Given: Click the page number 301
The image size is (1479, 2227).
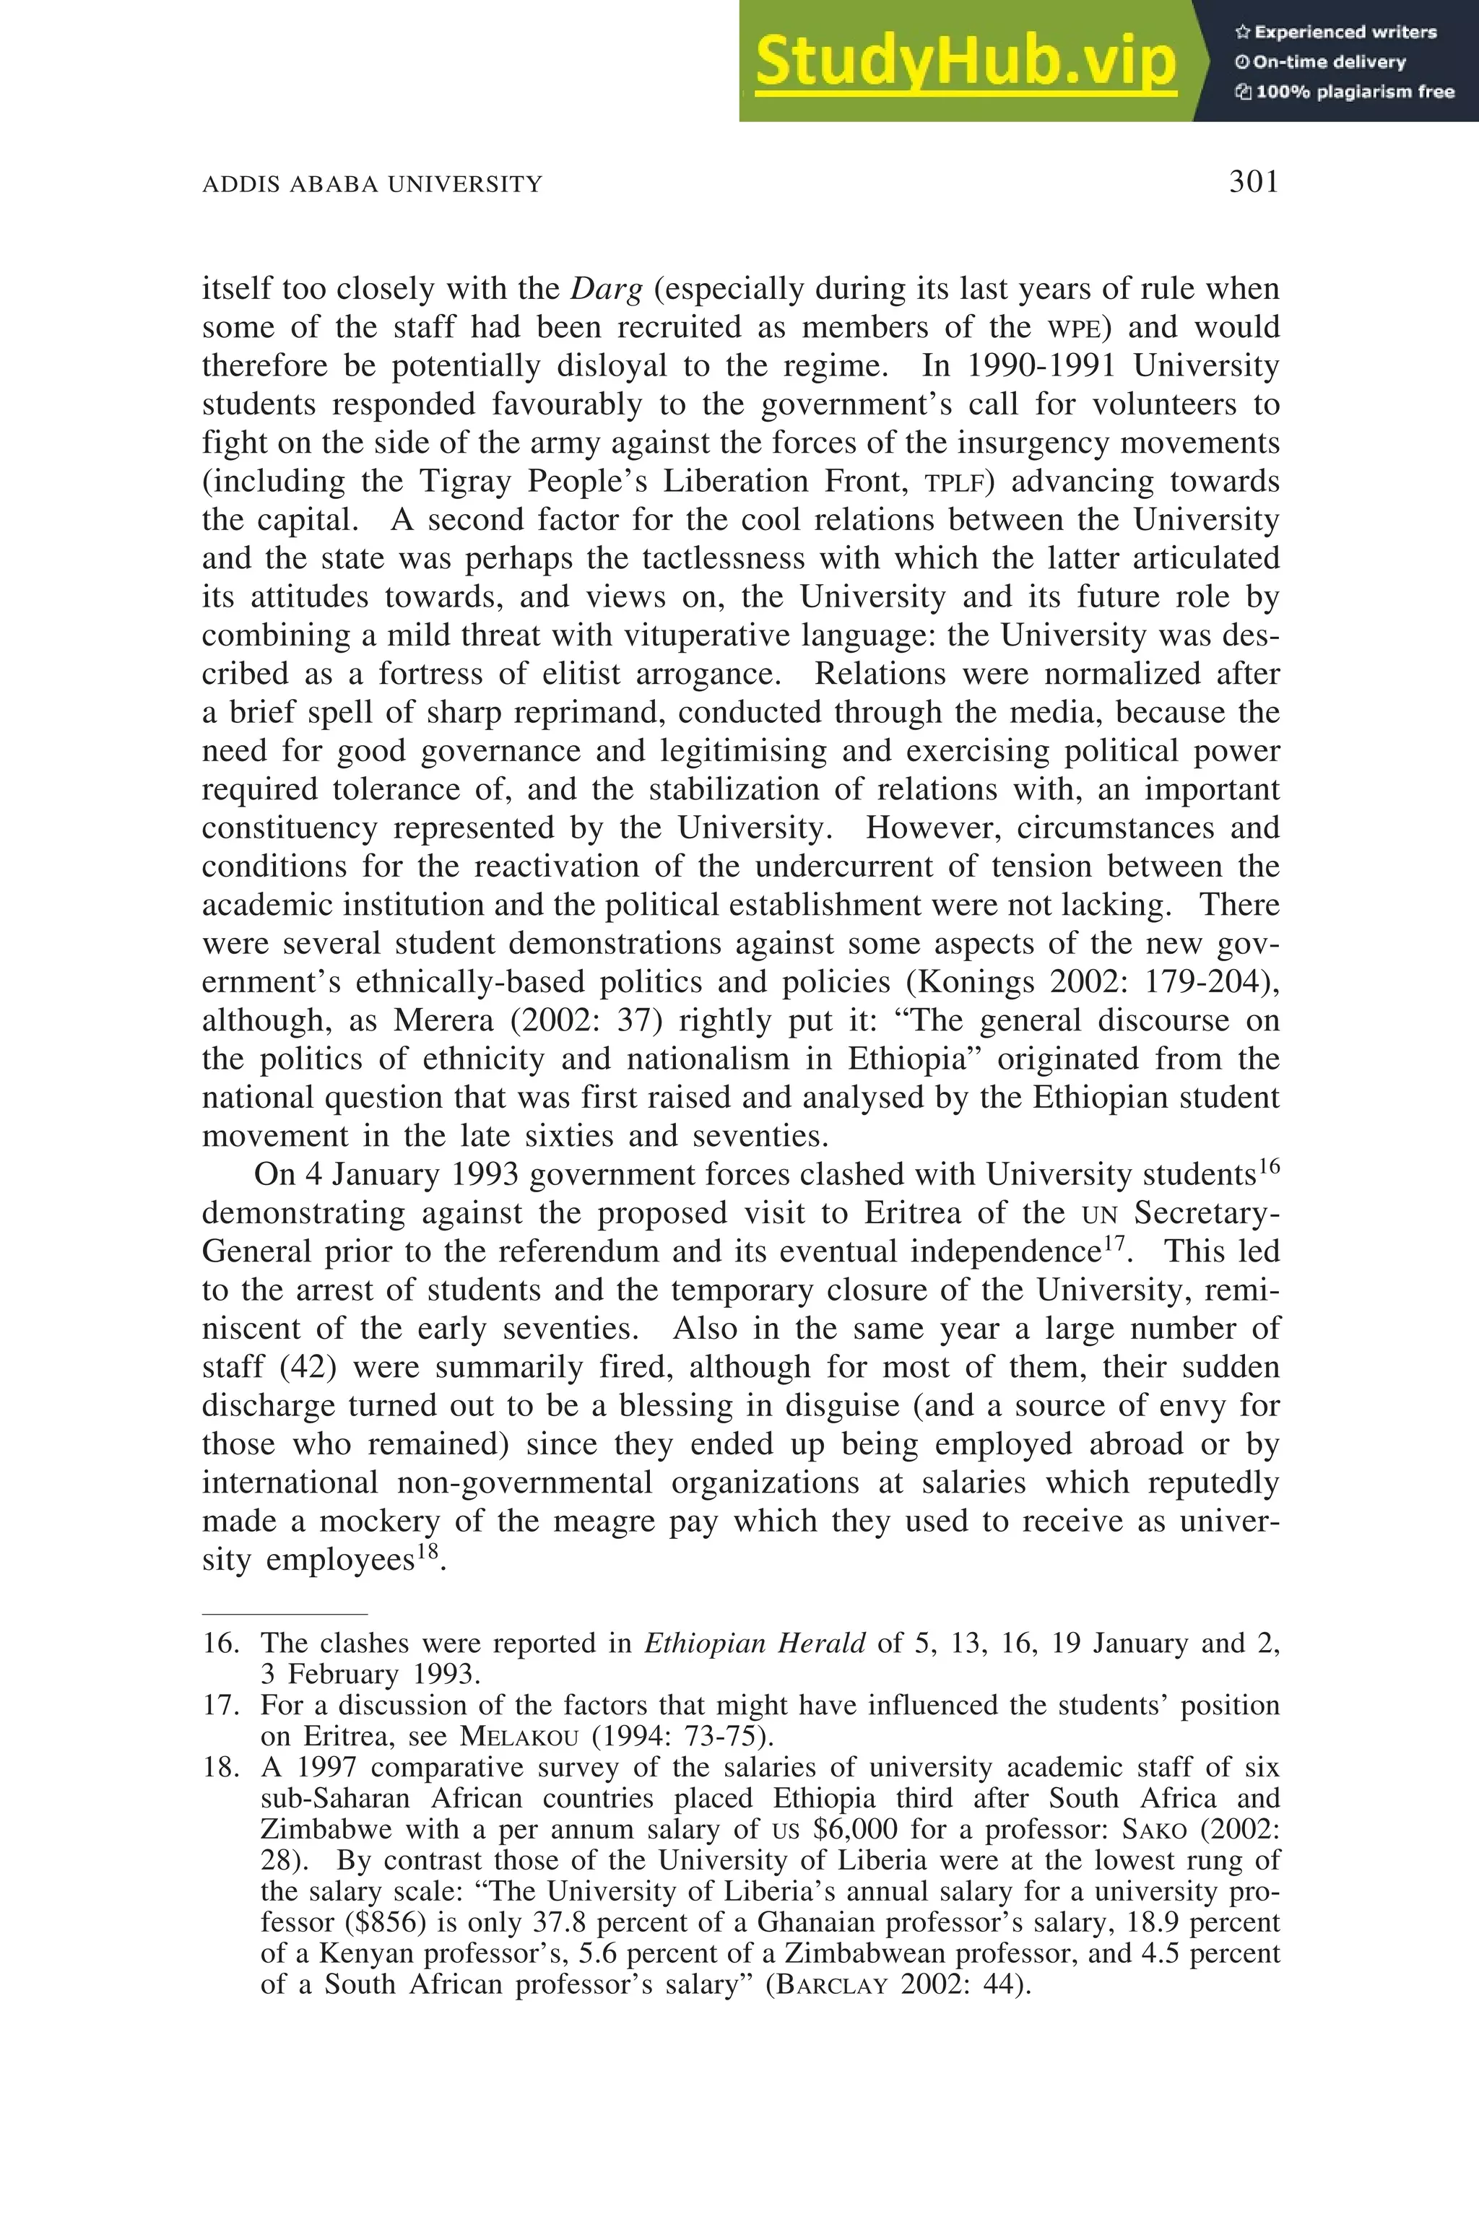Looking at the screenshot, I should tap(1253, 181).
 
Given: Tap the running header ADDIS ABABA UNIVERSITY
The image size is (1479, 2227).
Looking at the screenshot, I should tap(373, 184).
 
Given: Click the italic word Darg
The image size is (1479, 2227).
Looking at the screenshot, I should tap(607, 289).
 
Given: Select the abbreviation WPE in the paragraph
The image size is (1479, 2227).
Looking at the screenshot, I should tap(1078, 329).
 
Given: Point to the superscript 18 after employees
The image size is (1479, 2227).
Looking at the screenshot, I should tap(428, 1552).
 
